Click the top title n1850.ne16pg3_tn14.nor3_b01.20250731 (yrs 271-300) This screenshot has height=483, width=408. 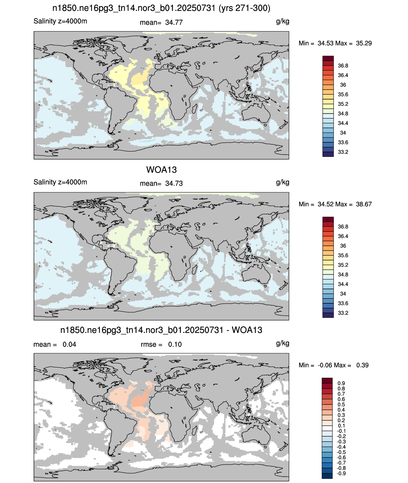pos(161,8)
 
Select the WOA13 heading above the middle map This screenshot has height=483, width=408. pos(161,170)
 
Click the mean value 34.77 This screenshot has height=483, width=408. pos(174,23)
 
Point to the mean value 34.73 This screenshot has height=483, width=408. pos(174,183)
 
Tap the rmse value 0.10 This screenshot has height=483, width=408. pos(175,344)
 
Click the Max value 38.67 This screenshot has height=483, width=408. pos(364,204)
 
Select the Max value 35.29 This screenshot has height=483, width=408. pos(364,43)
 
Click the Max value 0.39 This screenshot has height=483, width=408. pos(362,365)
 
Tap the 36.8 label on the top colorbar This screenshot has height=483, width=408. pos(343,66)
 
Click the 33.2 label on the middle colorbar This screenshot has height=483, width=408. pos(343,313)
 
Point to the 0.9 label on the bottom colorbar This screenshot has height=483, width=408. pos(341,383)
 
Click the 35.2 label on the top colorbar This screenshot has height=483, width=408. pos(343,104)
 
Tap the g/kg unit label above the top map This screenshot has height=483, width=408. pos(283,21)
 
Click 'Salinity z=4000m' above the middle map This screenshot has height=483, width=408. pos(60,182)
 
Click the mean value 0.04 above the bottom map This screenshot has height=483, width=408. pos(69,344)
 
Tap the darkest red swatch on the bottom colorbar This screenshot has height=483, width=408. pos(327,380)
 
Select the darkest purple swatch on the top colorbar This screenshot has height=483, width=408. pos(328,154)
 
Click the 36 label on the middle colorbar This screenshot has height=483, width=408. pos(343,246)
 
